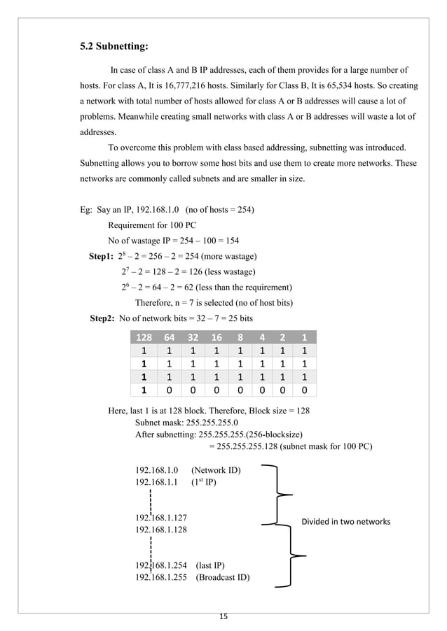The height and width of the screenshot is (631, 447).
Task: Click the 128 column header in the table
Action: coord(144,336)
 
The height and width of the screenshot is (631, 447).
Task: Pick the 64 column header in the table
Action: coord(170,336)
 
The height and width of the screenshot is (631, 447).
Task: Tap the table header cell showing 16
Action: coord(217,336)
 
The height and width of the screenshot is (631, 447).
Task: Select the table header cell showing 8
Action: coord(240,336)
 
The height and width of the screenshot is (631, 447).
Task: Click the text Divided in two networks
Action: coord(345,521)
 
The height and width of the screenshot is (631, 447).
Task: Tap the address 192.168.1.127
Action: coord(161,518)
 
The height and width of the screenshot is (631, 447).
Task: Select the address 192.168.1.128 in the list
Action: coord(161,530)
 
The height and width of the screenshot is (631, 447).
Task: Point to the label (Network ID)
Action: coord(216,470)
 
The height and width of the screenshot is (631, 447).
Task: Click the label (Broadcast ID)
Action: coord(223,577)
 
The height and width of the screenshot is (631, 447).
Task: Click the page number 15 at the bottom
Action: coord(224,616)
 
